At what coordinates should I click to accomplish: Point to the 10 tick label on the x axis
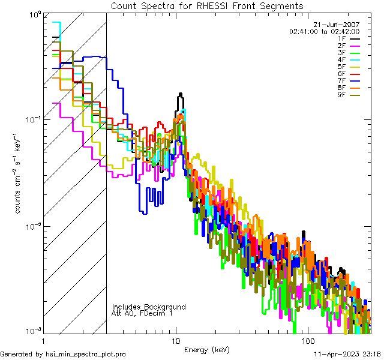tap(176, 340)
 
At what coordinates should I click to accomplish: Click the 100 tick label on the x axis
tap(307, 340)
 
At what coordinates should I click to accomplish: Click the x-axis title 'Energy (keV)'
tap(206, 349)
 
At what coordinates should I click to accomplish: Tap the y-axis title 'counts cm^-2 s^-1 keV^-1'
tap(18, 173)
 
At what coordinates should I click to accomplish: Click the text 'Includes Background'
tap(149, 307)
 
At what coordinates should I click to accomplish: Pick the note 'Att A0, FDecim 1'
tap(142, 313)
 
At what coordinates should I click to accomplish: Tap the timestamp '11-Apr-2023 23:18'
tap(348, 354)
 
